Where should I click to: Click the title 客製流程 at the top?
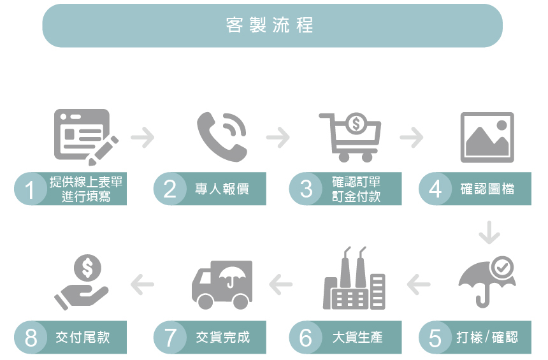tap(271, 25)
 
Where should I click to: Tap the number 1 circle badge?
tap(31, 189)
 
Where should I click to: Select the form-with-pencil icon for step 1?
tap(85, 135)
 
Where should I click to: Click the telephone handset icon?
tap(220, 135)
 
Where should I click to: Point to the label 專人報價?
tap(222, 189)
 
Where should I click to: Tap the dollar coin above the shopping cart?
tap(356, 122)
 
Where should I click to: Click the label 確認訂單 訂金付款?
tap(356, 189)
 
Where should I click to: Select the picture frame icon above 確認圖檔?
tap(487, 136)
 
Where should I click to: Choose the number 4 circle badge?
tap(435, 189)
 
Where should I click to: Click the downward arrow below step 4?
tap(489, 233)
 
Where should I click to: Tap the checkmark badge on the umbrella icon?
tap(503, 267)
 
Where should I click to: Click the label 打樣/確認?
tap(487, 337)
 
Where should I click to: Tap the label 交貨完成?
tap(222, 337)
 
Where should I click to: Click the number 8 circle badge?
tap(31, 337)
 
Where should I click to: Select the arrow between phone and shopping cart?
tap(278, 137)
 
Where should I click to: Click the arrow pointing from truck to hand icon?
tap(143, 284)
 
